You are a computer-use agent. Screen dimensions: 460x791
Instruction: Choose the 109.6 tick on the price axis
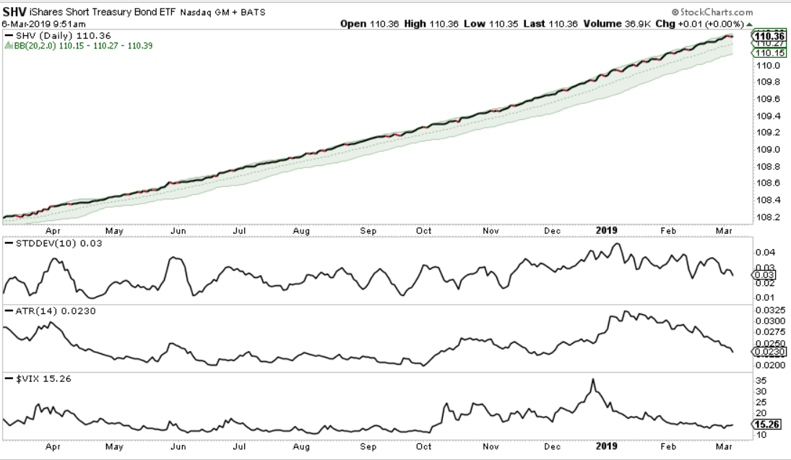pos(767,99)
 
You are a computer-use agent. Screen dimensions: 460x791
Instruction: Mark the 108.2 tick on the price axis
pos(767,217)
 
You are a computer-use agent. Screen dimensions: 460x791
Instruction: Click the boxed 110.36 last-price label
pos(769,35)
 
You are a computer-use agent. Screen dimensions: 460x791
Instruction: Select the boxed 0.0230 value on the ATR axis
pos(771,352)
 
